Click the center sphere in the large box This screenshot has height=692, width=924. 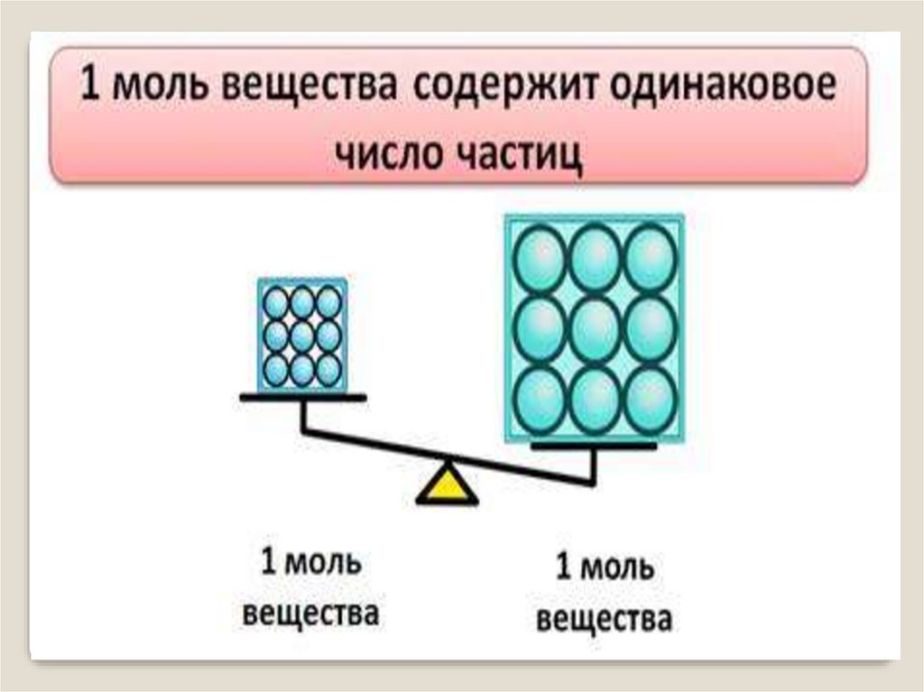(595, 328)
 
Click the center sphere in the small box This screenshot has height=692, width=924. (302, 335)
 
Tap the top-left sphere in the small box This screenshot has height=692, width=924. (277, 303)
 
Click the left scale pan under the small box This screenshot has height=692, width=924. (303, 397)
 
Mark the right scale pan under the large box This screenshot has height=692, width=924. (594, 446)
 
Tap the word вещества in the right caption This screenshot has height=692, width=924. (604, 620)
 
